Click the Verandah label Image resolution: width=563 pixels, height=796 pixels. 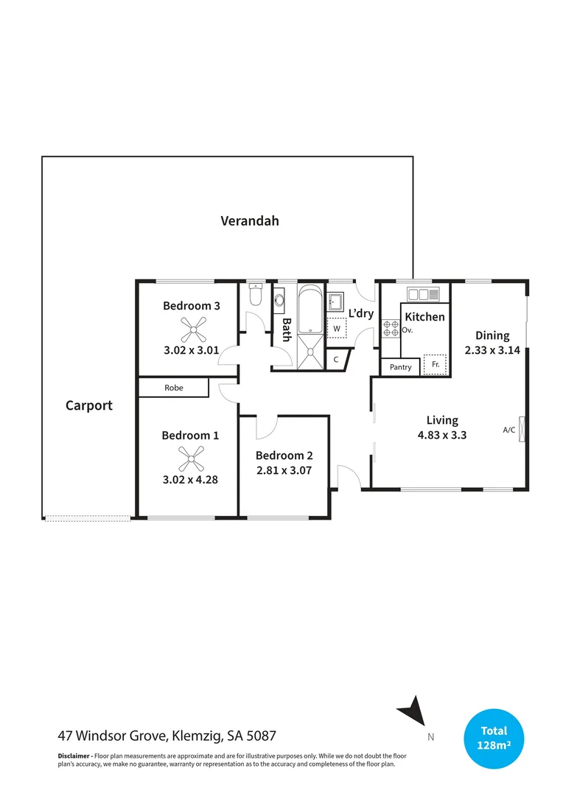(x=250, y=220)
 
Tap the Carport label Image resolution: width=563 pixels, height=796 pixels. (x=89, y=405)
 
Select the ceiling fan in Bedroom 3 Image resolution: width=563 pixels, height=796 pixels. (x=191, y=327)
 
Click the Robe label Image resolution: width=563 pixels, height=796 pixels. (x=174, y=388)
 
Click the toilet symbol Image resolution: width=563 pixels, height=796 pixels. (x=255, y=296)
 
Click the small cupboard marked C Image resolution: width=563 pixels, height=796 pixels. (x=336, y=360)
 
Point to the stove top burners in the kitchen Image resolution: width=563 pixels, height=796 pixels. (x=391, y=327)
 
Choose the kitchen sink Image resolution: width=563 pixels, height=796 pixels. (x=423, y=294)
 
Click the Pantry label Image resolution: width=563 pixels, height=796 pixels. (x=400, y=367)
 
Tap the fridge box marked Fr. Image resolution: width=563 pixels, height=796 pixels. (x=436, y=365)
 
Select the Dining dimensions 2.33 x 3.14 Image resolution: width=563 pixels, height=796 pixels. (x=492, y=351)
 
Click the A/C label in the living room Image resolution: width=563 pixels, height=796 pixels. (x=508, y=430)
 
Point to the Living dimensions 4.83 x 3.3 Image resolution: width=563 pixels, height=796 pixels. (x=442, y=435)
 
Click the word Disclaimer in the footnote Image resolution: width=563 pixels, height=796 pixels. (x=74, y=756)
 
